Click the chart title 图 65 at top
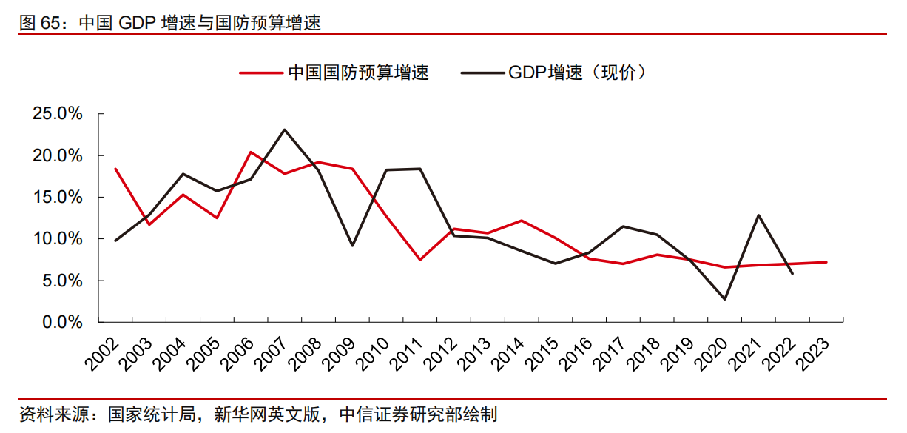pos(170,22)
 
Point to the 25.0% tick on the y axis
pos(58,114)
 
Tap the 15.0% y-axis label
pos(58,198)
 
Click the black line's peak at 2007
pos(285,130)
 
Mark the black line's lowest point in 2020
pos(724,299)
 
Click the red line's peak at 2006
pos(251,152)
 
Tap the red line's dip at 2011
pos(420,260)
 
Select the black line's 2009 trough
pos(352,246)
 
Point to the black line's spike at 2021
pos(758,215)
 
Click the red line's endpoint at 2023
pos(826,262)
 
